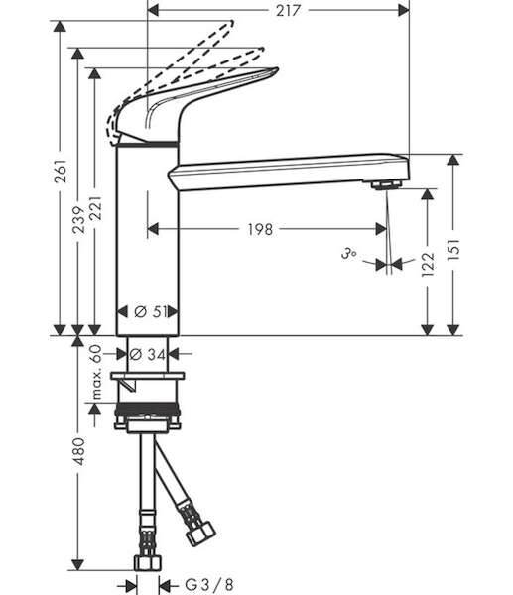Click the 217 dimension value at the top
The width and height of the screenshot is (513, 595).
(x=288, y=10)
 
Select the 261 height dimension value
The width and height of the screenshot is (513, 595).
(x=62, y=171)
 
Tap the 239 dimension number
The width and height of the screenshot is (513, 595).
(x=79, y=220)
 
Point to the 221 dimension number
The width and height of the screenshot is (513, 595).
(x=95, y=208)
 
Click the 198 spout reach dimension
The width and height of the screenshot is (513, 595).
(x=260, y=229)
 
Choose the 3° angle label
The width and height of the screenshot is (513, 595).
(x=348, y=253)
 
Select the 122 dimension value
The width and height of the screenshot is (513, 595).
(x=428, y=264)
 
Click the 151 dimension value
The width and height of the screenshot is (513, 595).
(x=453, y=249)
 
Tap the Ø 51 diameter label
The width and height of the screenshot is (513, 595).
(x=151, y=312)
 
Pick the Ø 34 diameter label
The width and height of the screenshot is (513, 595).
(x=147, y=354)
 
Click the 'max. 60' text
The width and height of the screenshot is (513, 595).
(x=96, y=372)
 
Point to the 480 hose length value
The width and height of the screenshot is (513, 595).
(x=79, y=451)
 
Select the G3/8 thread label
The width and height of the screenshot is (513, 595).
(x=209, y=585)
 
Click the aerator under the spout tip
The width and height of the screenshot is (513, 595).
(x=387, y=185)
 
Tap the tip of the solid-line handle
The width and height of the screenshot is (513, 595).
(x=278, y=68)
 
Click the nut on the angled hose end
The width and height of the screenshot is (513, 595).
(x=200, y=533)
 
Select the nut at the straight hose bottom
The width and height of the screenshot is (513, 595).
(x=148, y=563)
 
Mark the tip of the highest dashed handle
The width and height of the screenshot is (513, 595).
(x=232, y=22)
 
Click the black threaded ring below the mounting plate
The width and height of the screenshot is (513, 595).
(x=147, y=409)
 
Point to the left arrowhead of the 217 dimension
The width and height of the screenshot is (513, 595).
(x=153, y=10)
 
